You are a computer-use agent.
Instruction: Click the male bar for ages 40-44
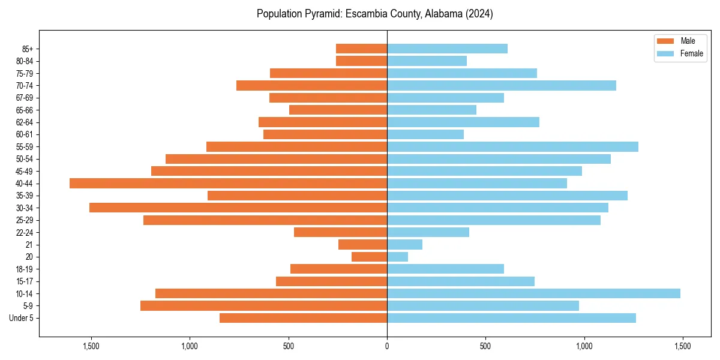(x=228, y=183)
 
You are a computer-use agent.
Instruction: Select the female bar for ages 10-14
(x=533, y=293)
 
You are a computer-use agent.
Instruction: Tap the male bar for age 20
(x=369, y=257)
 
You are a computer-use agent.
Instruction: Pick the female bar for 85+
(x=447, y=49)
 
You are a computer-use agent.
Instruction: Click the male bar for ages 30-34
(x=238, y=208)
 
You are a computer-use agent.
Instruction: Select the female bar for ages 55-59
(x=512, y=146)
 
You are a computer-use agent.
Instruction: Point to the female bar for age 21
(x=404, y=244)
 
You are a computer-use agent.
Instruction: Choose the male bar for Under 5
(x=303, y=318)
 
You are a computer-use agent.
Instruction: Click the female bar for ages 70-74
(x=502, y=85)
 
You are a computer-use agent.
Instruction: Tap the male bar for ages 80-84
(x=361, y=61)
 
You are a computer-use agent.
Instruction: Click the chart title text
(x=374, y=14)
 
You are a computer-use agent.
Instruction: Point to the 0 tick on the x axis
(x=387, y=346)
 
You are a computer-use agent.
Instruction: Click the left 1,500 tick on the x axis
(x=91, y=346)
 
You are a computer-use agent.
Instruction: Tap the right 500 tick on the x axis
(x=485, y=346)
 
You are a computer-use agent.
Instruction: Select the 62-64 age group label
(x=24, y=122)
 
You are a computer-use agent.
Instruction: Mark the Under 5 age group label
(x=22, y=318)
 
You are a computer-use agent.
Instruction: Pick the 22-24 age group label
(x=24, y=232)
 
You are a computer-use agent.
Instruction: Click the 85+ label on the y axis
(x=27, y=49)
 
